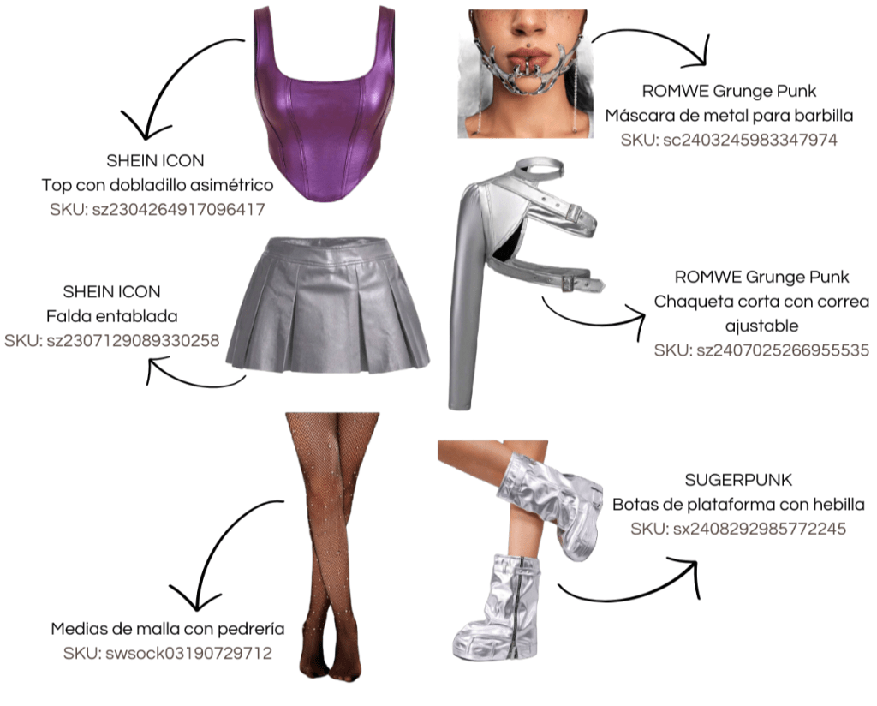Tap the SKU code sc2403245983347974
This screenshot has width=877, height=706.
[x=729, y=139]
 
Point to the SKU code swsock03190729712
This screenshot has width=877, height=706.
[x=167, y=654]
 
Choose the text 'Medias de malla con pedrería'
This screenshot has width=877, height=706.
[x=167, y=630]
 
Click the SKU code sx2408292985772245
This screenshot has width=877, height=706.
[x=738, y=529]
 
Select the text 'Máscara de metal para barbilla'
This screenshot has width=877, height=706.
[x=729, y=115]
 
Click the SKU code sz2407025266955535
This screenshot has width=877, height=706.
[x=761, y=350]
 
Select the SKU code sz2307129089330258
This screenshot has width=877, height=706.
[x=111, y=340]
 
